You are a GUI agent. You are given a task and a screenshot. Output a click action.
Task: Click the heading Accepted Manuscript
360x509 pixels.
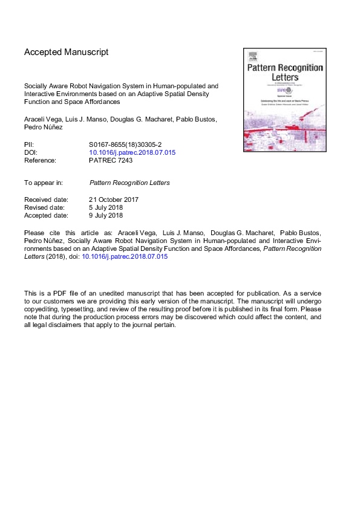[x=67, y=52]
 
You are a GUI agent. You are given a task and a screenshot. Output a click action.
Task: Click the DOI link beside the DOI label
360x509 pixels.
[x=132, y=152]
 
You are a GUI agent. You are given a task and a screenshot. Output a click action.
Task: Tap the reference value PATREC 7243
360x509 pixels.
[x=111, y=160]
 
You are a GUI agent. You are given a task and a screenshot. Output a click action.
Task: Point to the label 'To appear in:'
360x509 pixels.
[x=45, y=182]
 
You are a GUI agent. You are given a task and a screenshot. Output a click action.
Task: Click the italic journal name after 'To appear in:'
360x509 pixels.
[x=129, y=182]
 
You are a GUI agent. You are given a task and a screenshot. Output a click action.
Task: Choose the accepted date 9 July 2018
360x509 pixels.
[x=106, y=215]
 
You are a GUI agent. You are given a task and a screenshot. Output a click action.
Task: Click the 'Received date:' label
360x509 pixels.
[x=46, y=199]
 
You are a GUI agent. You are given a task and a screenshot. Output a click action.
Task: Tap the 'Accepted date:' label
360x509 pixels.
[x=47, y=215]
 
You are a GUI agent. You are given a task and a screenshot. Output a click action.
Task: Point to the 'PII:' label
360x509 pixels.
[x=29, y=144]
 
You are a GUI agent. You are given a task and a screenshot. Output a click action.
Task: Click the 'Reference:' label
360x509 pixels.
[x=40, y=160]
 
